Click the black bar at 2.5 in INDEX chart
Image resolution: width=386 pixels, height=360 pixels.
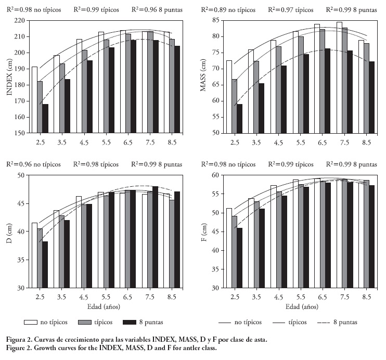45,119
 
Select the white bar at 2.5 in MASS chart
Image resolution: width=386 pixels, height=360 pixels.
229,96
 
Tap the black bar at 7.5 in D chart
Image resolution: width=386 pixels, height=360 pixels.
155,237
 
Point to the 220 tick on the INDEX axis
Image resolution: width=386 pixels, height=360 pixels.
21,20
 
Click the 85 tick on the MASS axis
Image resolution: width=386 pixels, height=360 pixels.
215,20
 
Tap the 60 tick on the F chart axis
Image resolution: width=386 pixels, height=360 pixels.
215,175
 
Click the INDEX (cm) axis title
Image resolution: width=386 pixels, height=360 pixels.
9,76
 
